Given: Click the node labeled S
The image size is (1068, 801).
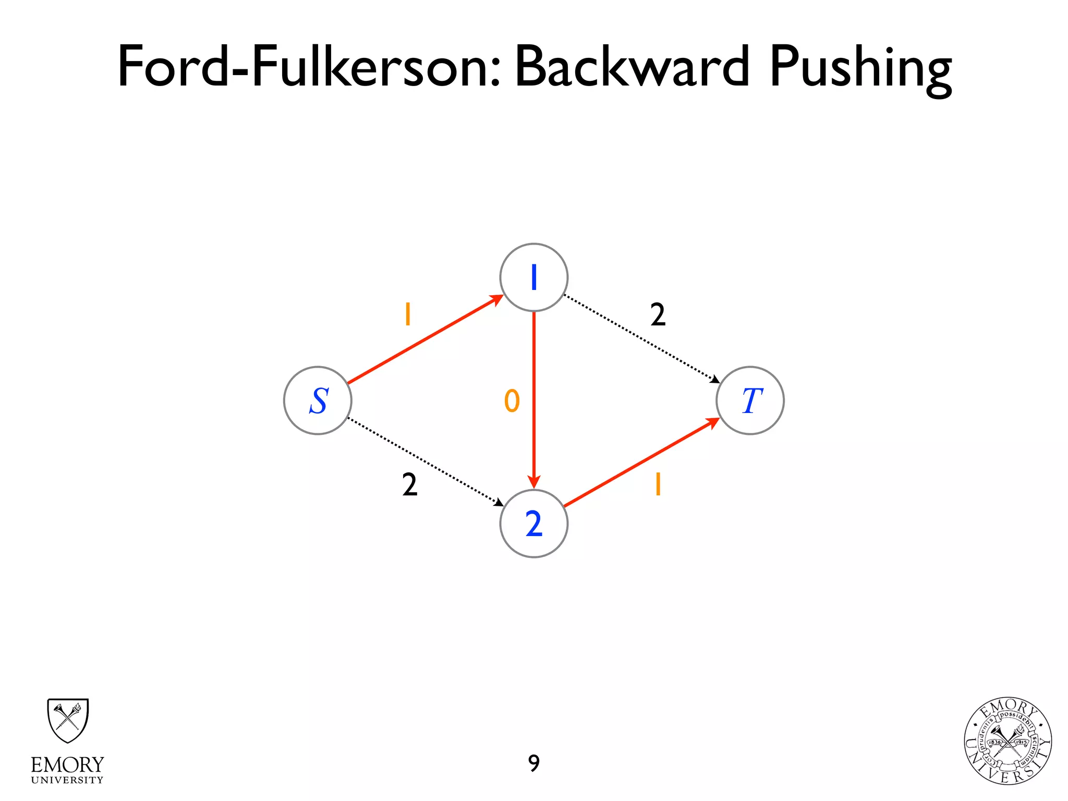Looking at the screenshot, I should pyautogui.click(x=318, y=400).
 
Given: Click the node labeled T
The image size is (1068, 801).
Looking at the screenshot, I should pyautogui.click(x=750, y=400).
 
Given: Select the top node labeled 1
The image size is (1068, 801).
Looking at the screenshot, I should pyautogui.click(x=533, y=277).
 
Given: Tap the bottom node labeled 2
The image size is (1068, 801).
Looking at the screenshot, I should pyautogui.click(x=533, y=524).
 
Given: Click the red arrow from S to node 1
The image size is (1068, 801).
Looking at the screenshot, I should pyautogui.click(x=425, y=339).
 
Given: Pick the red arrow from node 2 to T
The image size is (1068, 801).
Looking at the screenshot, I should pyautogui.click(x=641, y=462).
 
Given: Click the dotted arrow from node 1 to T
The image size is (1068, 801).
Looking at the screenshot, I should pyautogui.click(x=641, y=339).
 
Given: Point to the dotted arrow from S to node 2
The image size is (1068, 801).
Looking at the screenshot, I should pyautogui.click(x=425, y=462).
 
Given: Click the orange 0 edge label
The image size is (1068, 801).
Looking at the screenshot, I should pyautogui.click(x=512, y=401).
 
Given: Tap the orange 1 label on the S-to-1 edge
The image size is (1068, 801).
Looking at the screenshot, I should pyautogui.click(x=408, y=314).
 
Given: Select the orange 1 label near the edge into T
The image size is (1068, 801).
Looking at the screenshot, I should pyautogui.click(x=658, y=484).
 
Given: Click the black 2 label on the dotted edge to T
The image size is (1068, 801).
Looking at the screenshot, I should pyautogui.click(x=658, y=315).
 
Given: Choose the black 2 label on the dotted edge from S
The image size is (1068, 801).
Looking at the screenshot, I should pyautogui.click(x=410, y=484).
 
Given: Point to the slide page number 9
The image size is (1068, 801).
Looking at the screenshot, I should pyautogui.click(x=533, y=763).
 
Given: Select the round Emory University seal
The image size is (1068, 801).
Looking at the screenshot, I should pyautogui.click(x=1008, y=741).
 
